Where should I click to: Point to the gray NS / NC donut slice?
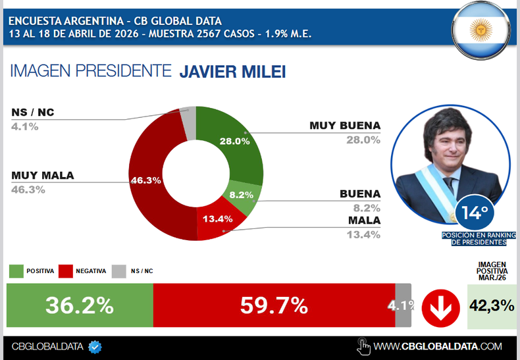tap(188, 122)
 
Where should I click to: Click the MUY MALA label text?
tap(43, 176)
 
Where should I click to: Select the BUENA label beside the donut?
tap(359, 194)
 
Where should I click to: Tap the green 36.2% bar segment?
tap(80, 305)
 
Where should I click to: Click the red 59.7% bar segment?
tap(274, 305)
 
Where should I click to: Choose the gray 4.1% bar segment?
tap(403, 305)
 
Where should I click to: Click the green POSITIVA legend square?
tap(16, 271)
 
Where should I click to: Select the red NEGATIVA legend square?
tap(65, 271)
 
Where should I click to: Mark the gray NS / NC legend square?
tap(119, 271)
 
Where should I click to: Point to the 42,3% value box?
tap(492, 306)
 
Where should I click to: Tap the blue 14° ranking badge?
tap(477, 213)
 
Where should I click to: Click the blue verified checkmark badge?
tap(95, 346)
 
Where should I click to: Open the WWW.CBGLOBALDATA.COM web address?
tap(437, 346)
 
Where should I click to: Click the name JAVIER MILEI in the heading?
tap(232, 71)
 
